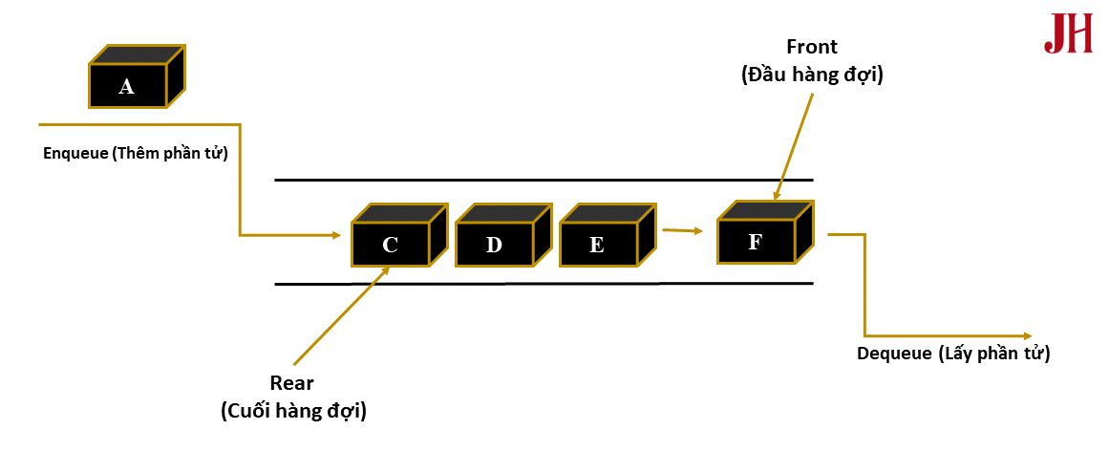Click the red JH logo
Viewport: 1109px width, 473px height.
coord(1068,33)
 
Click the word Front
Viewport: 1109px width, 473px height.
coord(811,47)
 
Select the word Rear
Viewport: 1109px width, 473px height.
coord(291,383)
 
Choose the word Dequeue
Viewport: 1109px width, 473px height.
coord(894,354)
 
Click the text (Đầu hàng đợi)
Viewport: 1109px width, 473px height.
coord(811,75)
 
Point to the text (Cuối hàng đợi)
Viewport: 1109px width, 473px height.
coord(293,411)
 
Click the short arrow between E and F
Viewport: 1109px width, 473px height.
coord(682,229)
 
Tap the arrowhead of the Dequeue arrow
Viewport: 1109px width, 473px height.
coord(1027,335)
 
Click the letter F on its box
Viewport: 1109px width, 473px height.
coord(755,242)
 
